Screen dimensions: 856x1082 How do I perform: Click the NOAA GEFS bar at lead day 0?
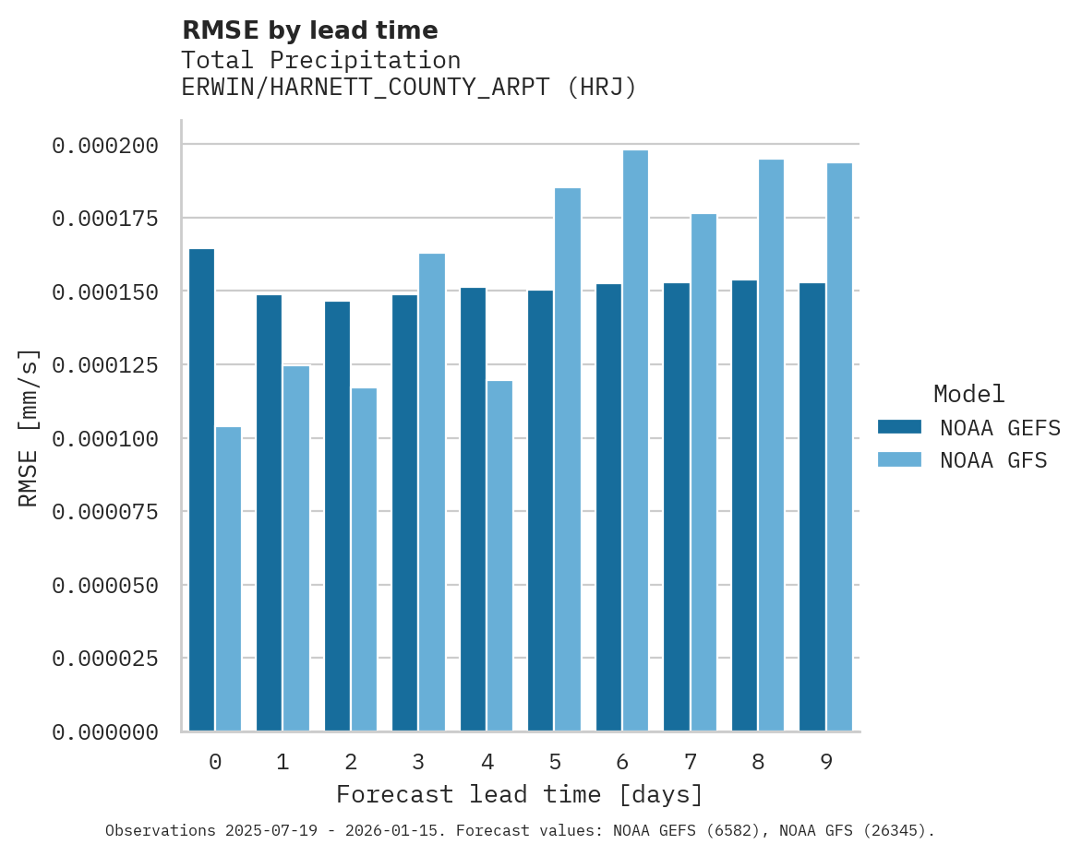click(x=201, y=490)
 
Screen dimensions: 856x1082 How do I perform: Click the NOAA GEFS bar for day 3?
click(x=404, y=513)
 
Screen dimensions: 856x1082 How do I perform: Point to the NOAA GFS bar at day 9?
click(x=839, y=447)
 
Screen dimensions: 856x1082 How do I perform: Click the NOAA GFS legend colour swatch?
click(x=899, y=459)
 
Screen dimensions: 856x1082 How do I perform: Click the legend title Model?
click(x=968, y=394)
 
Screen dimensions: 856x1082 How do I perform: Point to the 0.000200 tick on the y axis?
click(x=105, y=146)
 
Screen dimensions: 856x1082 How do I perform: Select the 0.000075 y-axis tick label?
click(x=105, y=512)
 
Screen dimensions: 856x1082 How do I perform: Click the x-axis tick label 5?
click(x=554, y=762)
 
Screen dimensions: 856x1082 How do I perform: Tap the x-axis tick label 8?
click(x=758, y=762)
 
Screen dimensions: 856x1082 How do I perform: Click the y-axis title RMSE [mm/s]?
click(x=29, y=427)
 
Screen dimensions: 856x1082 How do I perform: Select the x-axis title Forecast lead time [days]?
click(x=519, y=794)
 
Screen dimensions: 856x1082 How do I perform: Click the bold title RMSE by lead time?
click(x=309, y=30)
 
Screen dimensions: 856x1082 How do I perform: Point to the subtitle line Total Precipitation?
click(x=320, y=60)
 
